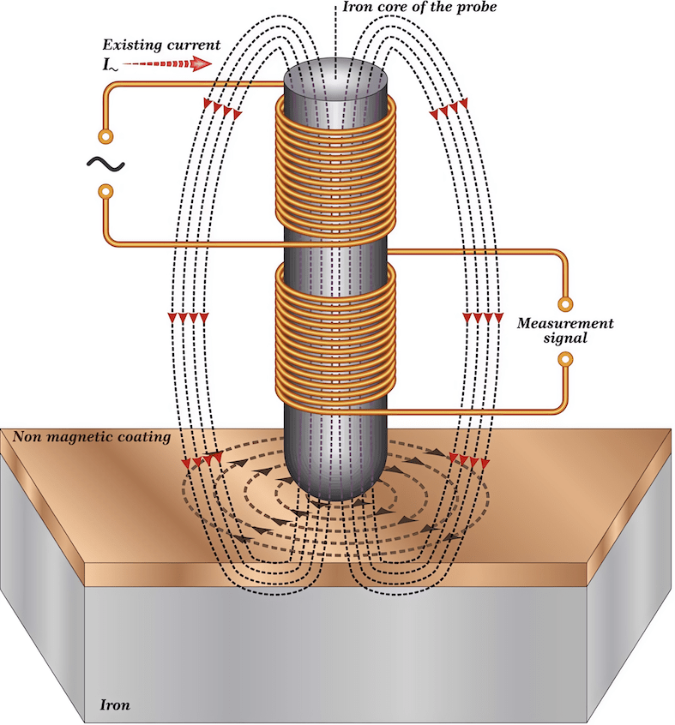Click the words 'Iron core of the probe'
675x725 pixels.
(x=419, y=8)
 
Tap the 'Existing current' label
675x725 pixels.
(x=161, y=45)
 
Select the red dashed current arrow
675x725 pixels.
(x=167, y=63)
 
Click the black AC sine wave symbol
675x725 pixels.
(x=106, y=165)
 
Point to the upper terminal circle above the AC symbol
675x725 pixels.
(x=105, y=136)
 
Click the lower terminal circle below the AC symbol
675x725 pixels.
(x=105, y=191)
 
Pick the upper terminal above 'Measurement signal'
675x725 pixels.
(x=565, y=304)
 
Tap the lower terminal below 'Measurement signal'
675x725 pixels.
(x=565, y=359)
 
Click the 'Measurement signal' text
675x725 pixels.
(x=565, y=330)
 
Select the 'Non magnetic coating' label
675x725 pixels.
(x=92, y=437)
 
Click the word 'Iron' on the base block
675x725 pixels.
(x=115, y=704)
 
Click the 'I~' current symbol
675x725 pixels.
(x=110, y=65)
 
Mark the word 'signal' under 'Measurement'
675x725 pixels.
(x=565, y=338)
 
